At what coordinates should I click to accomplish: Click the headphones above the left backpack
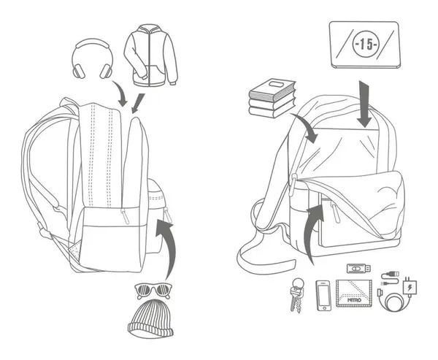(93, 58)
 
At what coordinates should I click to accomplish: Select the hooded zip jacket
(151, 55)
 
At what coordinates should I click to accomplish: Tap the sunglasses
(153, 291)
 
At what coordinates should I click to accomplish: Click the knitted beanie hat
(151, 318)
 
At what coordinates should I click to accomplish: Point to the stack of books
(272, 99)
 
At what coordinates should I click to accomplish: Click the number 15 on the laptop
(366, 45)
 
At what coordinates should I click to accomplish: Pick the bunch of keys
(297, 294)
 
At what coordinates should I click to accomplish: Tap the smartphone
(323, 295)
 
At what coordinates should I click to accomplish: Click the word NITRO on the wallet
(354, 300)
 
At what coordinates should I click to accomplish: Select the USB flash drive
(358, 268)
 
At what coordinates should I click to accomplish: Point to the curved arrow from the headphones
(120, 93)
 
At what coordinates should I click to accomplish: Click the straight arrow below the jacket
(138, 104)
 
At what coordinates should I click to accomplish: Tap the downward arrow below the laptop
(364, 104)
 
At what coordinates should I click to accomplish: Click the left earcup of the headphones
(79, 72)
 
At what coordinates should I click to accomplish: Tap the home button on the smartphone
(324, 308)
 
